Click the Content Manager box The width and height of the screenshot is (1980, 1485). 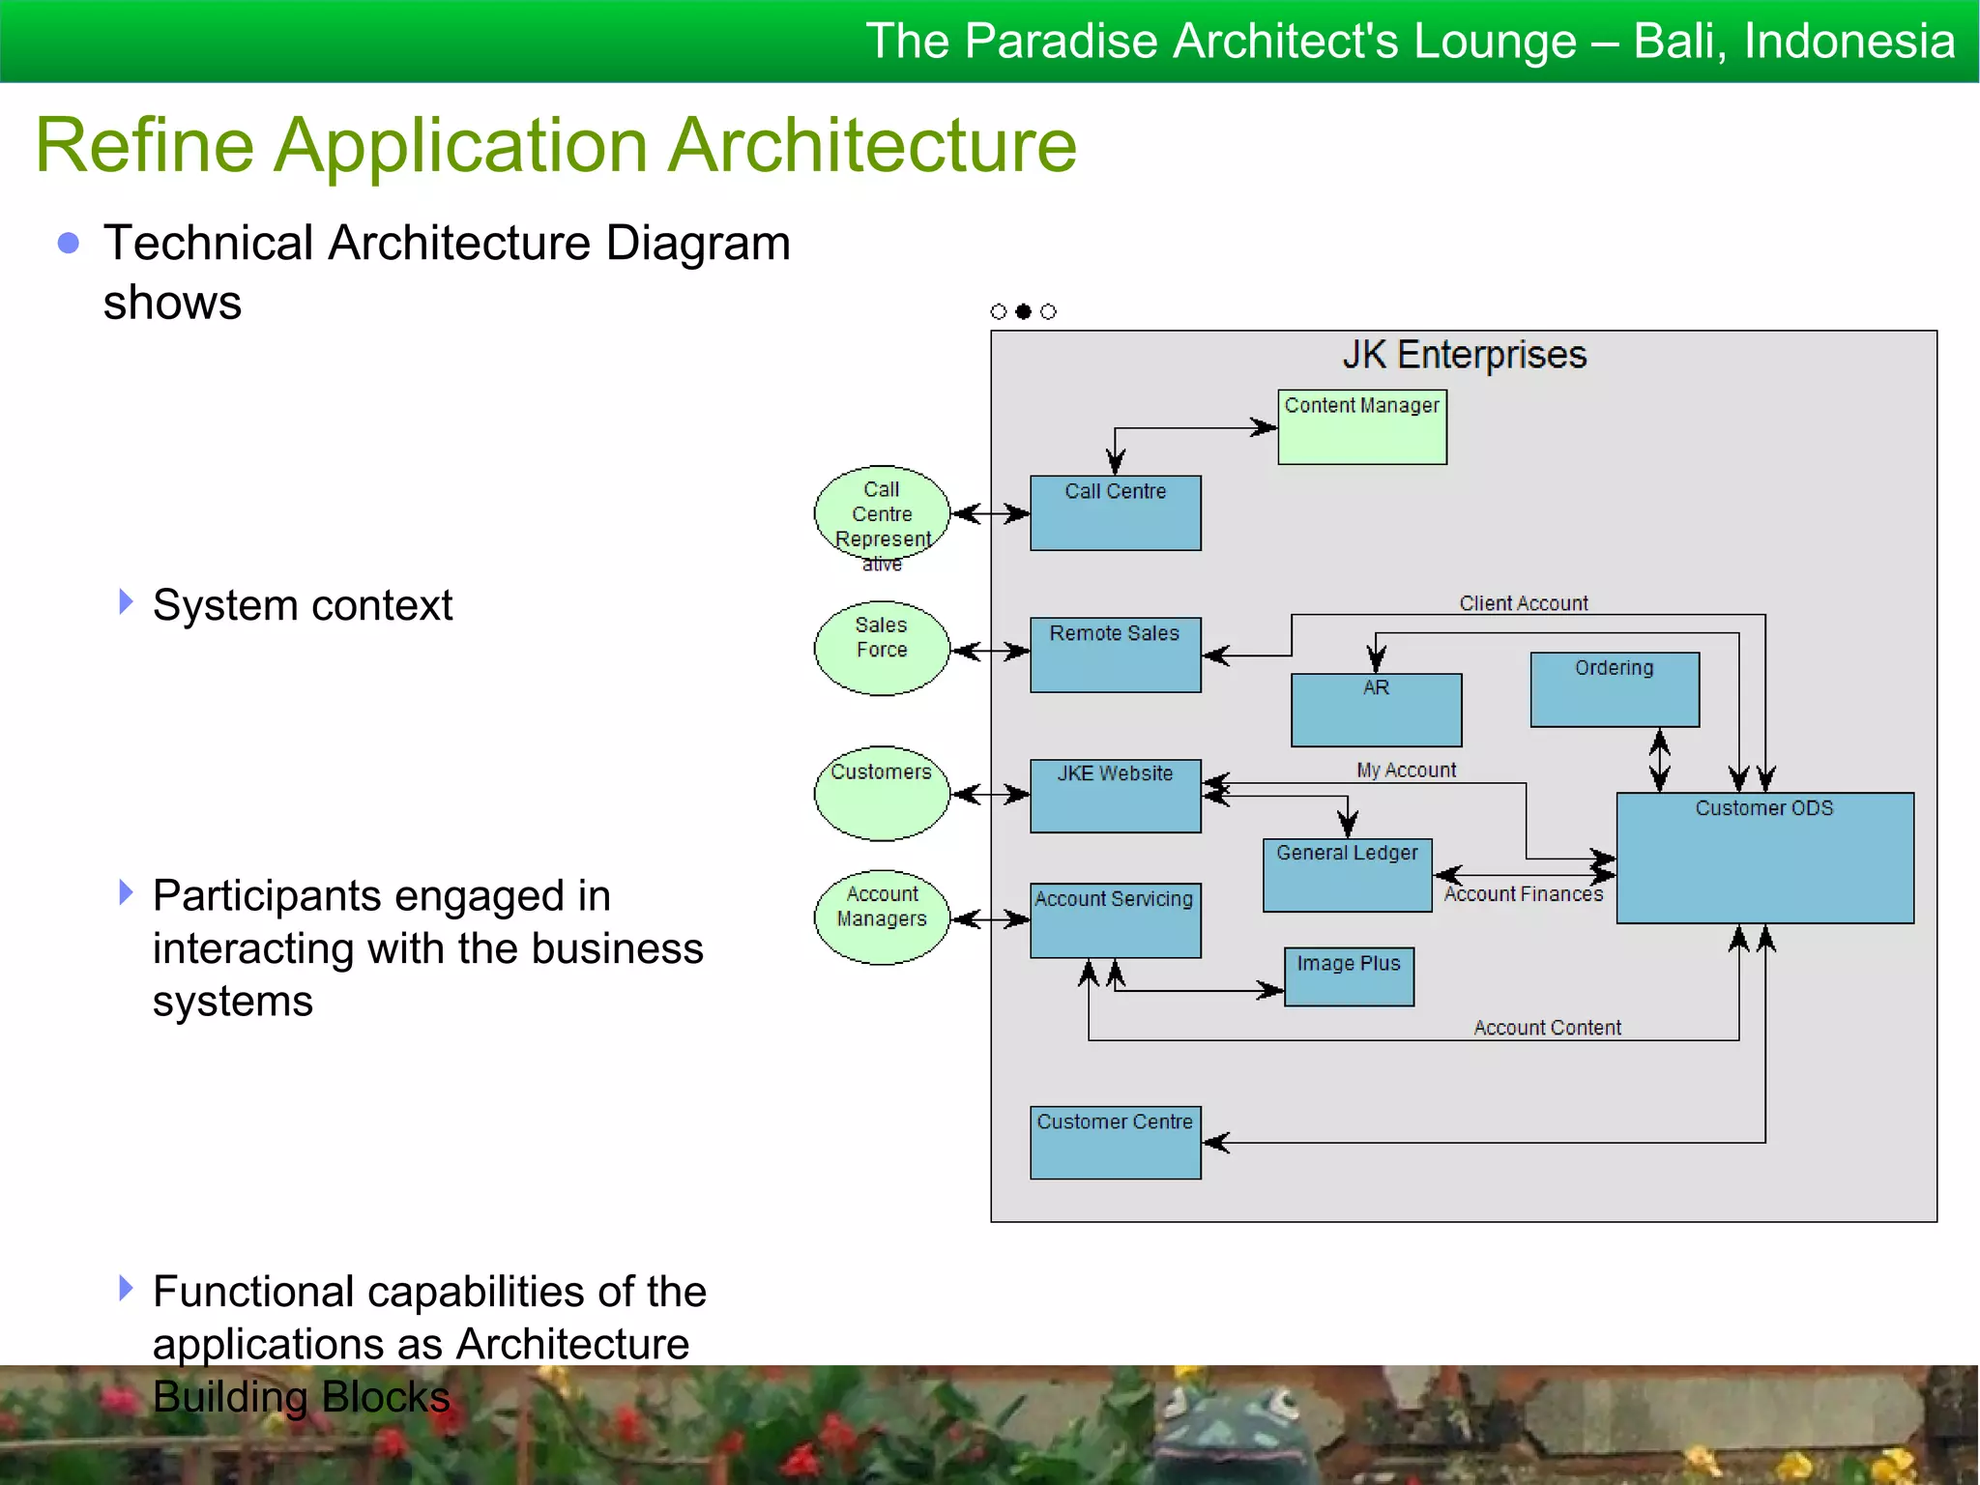click(1361, 426)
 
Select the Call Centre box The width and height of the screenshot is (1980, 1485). click(1115, 513)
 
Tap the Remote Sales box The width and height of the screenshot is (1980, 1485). click(1115, 655)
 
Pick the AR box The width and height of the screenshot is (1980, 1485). click(1376, 710)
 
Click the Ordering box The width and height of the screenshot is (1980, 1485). click(1614, 689)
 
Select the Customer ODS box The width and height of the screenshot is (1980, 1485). click(1764, 858)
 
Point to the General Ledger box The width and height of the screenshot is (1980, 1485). click(1347, 875)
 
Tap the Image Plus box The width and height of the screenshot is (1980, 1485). click(1349, 976)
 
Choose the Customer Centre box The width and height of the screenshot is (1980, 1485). click(1115, 1142)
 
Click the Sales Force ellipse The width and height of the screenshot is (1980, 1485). click(881, 648)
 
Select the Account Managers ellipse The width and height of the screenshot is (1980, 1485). click(881, 917)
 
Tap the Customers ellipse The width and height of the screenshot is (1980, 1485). click(881, 793)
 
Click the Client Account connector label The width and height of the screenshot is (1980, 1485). click(1523, 603)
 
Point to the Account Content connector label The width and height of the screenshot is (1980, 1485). click(1547, 1028)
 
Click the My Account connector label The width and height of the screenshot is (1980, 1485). click(1406, 770)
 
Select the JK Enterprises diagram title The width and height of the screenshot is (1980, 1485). click(1464, 355)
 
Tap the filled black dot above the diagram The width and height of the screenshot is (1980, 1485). click(1023, 311)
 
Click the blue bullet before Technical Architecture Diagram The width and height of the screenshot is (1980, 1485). click(69, 243)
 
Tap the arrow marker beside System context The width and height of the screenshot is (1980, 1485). click(126, 601)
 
